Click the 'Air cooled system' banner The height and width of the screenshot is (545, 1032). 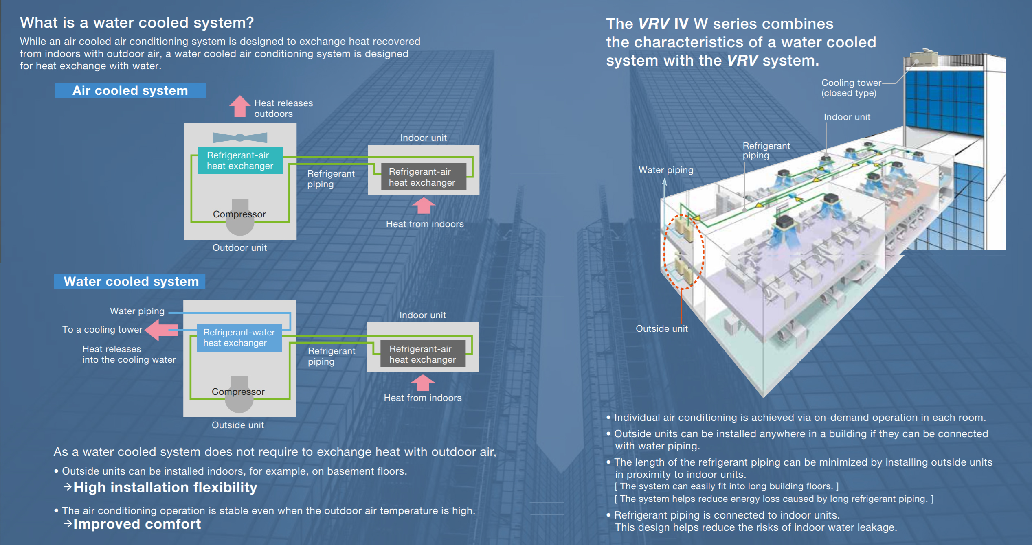click(130, 90)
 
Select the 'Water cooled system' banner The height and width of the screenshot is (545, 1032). click(130, 281)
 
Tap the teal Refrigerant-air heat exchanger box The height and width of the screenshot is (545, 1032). click(240, 160)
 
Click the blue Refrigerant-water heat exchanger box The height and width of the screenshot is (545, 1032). click(239, 337)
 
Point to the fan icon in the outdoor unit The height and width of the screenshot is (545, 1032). click(240, 138)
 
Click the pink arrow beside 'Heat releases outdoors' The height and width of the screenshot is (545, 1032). click(240, 106)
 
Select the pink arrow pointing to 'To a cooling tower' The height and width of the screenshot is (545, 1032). click(162, 330)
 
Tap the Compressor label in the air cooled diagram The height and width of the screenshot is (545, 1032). click(239, 214)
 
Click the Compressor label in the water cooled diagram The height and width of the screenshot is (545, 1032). click(238, 392)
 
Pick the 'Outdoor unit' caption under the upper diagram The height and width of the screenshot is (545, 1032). click(239, 247)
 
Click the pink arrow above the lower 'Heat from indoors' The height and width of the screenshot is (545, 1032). click(423, 383)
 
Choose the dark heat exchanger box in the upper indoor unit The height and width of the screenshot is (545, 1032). click(424, 177)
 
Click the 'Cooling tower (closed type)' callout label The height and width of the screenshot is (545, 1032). click(851, 88)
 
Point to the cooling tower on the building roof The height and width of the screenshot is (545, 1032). click(924, 58)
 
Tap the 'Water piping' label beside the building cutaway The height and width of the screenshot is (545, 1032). click(666, 170)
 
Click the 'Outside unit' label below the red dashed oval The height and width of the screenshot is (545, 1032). click(662, 328)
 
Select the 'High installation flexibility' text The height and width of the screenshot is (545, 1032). click(165, 487)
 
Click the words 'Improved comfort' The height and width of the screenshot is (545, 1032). click(137, 524)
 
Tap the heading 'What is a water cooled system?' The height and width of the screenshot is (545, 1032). click(137, 22)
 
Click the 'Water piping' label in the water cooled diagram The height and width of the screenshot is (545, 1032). click(137, 311)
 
